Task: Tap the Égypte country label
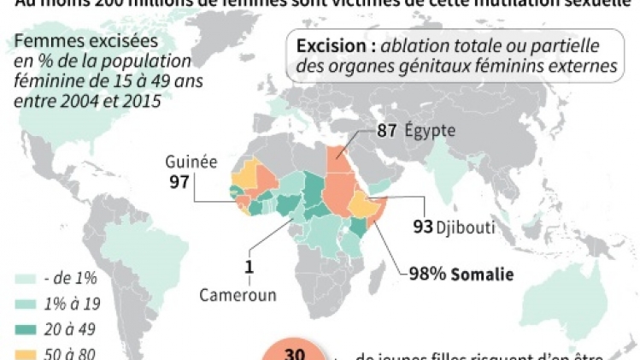point(431,131)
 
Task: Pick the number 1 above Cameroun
point(249,267)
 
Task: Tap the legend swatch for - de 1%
point(27,279)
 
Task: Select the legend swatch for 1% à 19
point(27,303)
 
